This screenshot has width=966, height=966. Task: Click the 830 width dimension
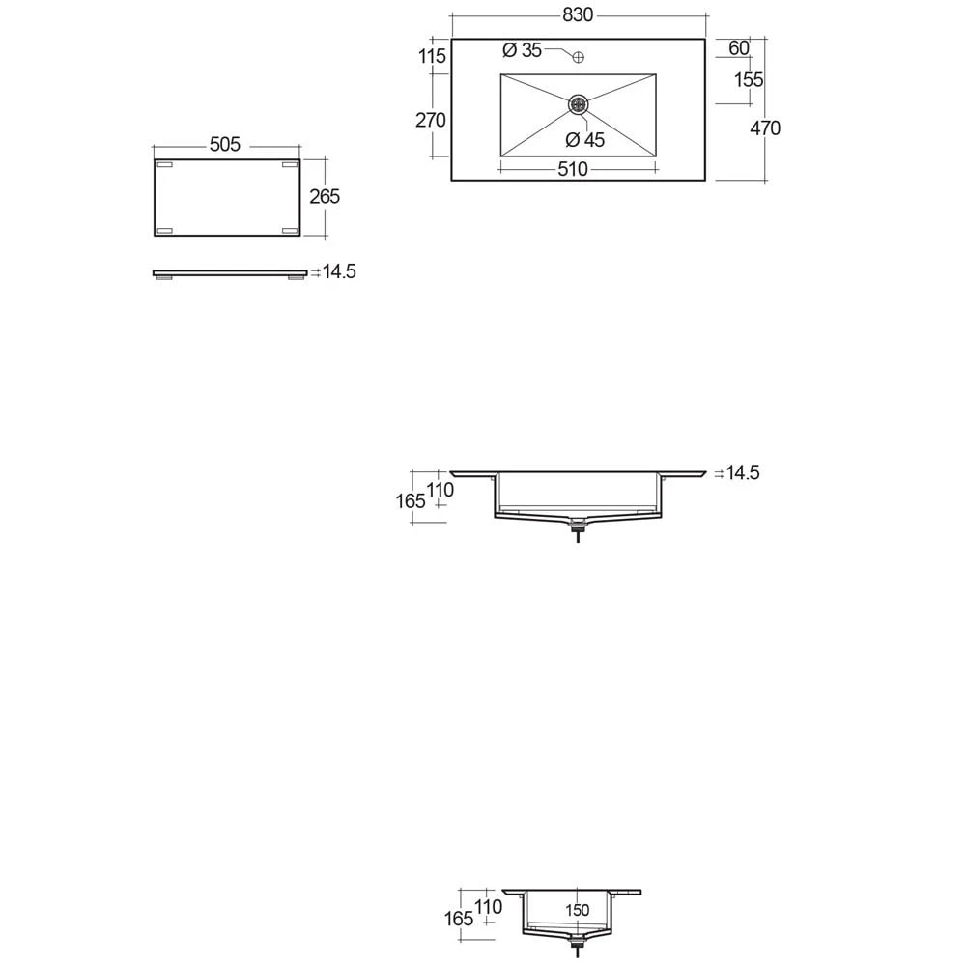pyautogui.click(x=579, y=15)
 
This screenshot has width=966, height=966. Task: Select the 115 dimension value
pyautogui.click(x=433, y=56)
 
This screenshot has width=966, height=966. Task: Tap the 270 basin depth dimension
pyautogui.click(x=431, y=121)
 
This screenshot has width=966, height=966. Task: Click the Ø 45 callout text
pyautogui.click(x=585, y=140)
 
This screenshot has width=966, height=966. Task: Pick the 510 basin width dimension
pyautogui.click(x=572, y=170)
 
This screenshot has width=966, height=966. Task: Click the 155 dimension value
pyautogui.click(x=749, y=80)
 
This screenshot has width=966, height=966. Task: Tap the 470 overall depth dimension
pyautogui.click(x=764, y=128)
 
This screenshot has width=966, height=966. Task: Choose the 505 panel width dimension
pyautogui.click(x=224, y=145)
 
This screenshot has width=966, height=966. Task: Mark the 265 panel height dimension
pyautogui.click(x=324, y=196)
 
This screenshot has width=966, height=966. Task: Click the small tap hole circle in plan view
pyautogui.click(x=579, y=57)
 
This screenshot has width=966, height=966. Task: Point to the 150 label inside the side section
pyautogui.click(x=578, y=911)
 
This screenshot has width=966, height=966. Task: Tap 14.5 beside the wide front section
pyautogui.click(x=742, y=473)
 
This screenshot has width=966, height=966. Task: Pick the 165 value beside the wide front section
pyautogui.click(x=411, y=501)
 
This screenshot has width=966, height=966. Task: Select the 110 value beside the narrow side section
pyautogui.click(x=489, y=907)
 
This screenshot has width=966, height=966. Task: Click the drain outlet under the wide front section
pyautogui.click(x=579, y=526)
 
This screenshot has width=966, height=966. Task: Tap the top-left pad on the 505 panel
pyautogui.click(x=164, y=166)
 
